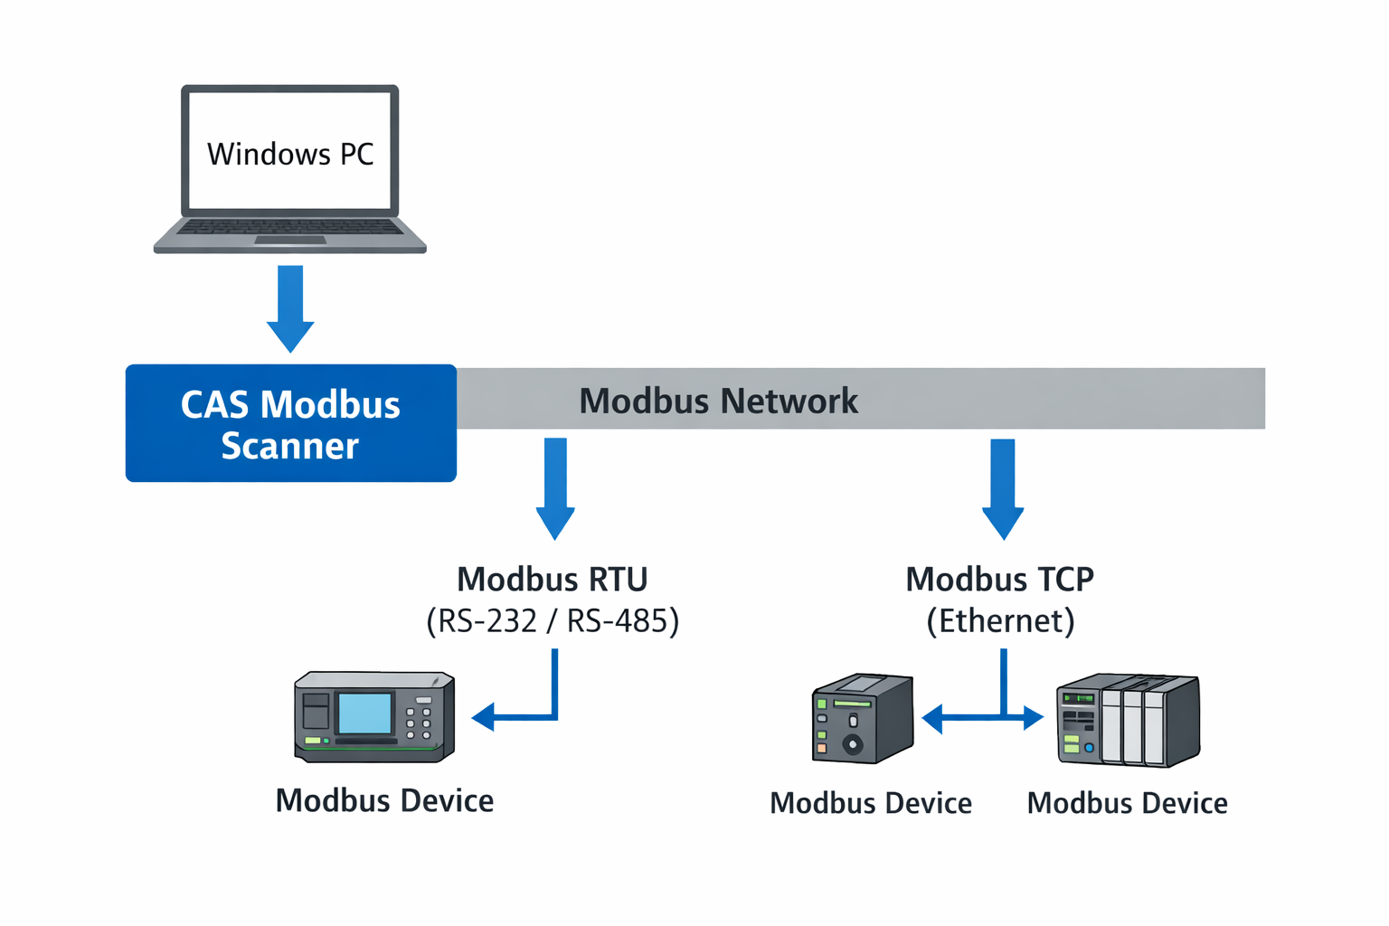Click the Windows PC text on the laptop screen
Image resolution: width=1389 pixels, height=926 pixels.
pos(290,154)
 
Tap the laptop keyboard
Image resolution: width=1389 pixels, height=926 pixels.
pos(289,227)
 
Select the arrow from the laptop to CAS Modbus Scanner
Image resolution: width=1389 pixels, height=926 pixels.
pos(290,307)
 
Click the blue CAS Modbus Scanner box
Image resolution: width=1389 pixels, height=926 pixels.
pos(290,423)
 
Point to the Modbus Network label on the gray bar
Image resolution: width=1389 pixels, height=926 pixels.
pos(718,401)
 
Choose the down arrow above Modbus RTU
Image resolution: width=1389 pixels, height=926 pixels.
pos(555,488)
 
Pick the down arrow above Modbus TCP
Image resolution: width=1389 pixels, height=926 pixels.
pos(1003,488)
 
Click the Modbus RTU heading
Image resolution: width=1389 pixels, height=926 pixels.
pos(552,579)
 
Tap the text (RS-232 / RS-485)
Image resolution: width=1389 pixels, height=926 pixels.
pos(553,621)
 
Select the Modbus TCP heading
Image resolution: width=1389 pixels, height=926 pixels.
pos(999,579)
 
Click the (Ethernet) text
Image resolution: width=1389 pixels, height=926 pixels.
pos(1000,621)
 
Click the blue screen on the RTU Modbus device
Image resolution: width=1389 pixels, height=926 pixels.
pos(364,713)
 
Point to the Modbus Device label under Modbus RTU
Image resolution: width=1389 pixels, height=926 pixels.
pos(384,800)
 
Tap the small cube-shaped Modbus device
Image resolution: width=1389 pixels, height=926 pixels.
pos(863,719)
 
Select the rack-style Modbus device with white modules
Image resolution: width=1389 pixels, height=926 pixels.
pos(1129,720)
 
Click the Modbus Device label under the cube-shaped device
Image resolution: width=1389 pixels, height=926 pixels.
pos(870,803)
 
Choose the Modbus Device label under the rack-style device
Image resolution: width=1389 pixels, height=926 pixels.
pos(1127,803)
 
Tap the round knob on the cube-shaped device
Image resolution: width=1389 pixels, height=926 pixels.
pos(852,744)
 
